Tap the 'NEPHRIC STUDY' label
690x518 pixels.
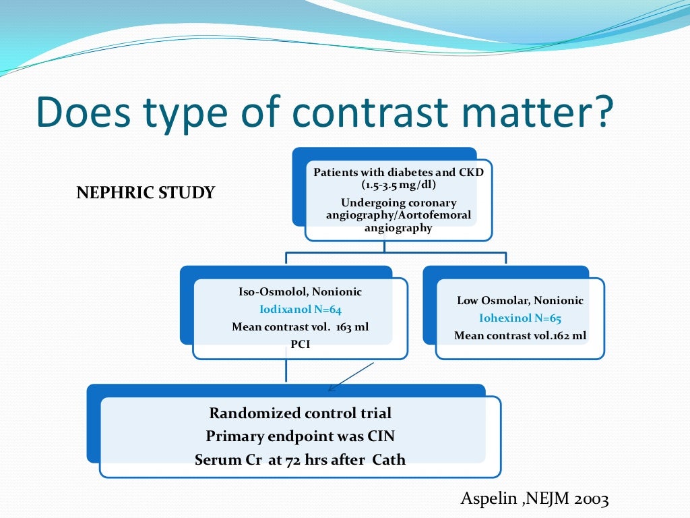[x=146, y=193]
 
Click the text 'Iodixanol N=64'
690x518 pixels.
[x=301, y=310]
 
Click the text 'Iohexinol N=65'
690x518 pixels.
[x=520, y=318]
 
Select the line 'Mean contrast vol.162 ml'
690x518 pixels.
[x=520, y=336]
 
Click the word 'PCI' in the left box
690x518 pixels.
[x=301, y=344]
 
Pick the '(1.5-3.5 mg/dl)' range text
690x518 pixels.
[x=398, y=184]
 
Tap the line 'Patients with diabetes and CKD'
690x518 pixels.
[x=398, y=173]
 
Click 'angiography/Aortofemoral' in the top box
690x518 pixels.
[x=398, y=216]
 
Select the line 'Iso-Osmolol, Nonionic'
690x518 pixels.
[x=301, y=292]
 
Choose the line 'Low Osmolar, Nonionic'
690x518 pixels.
[x=520, y=301]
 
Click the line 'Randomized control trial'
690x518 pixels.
[x=300, y=413]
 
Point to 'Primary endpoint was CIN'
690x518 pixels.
[x=300, y=436]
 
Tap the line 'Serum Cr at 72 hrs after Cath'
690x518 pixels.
[x=300, y=460]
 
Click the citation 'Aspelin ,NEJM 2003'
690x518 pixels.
[x=534, y=499]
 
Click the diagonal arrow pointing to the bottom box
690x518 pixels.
[x=350, y=377]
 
